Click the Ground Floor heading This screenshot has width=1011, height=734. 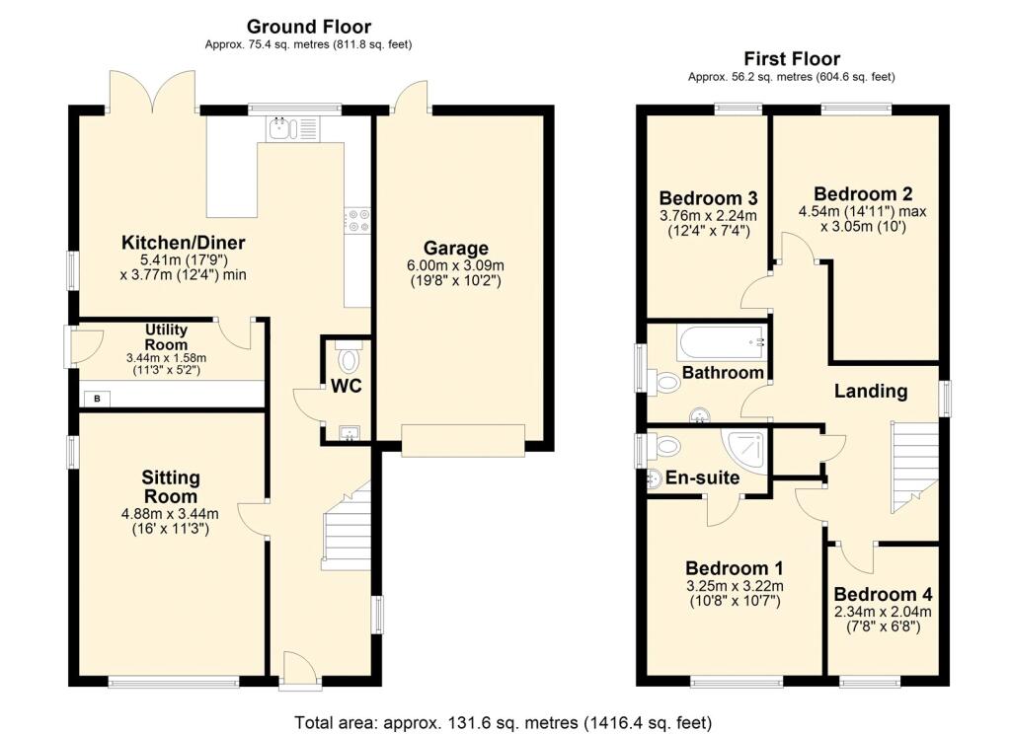(309, 27)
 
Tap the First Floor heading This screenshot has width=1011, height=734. (792, 59)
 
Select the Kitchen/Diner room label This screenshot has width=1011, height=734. (183, 243)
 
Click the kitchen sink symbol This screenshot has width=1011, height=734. (292, 128)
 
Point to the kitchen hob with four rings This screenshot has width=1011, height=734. (357, 220)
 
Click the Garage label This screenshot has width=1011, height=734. (456, 248)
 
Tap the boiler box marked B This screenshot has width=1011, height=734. (98, 399)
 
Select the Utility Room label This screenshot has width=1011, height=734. (166, 337)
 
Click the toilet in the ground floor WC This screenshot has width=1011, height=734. (349, 358)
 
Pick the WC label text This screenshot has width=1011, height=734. (347, 386)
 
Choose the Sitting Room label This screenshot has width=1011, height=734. (170, 487)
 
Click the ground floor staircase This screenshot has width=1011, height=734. (347, 527)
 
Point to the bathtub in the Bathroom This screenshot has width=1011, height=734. (722, 342)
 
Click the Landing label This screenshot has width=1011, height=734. (871, 391)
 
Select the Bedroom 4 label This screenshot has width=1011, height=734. (883, 594)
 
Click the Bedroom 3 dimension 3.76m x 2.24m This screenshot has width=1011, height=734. (708, 216)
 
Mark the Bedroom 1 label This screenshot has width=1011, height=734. (735, 568)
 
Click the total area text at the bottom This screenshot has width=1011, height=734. (503, 722)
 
